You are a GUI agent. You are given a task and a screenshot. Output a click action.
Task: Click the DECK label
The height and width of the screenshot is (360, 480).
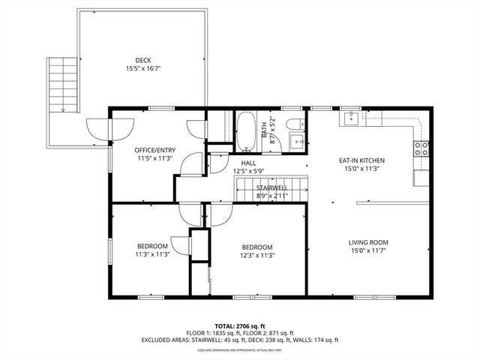pyautogui.click(x=143, y=60)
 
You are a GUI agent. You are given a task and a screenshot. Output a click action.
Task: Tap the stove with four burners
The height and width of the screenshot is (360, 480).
pyautogui.click(x=422, y=148)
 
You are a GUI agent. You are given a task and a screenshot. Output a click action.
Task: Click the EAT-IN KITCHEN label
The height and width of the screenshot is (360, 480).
pyautogui.click(x=361, y=160)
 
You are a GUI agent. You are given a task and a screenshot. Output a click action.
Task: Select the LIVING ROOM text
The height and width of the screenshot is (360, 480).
pyautogui.click(x=367, y=242)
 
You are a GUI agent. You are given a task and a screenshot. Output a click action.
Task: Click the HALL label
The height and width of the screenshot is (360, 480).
pyautogui.click(x=248, y=163)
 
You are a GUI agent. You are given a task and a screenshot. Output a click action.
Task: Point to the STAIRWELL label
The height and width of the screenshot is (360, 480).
pyautogui.click(x=271, y=187)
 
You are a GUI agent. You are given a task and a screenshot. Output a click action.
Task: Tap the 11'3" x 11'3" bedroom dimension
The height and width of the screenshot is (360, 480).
pyautogui.click(x=153, y=254)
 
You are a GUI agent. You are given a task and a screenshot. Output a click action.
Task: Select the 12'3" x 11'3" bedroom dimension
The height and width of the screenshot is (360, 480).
pyautogui.click(x=256, y=254)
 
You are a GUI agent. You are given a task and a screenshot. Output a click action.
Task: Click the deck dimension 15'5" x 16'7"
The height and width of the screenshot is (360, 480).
pyautogui.click(x=143, y=68)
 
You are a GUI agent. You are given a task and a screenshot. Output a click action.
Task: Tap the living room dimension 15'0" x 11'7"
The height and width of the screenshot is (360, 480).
pyautogui.click(x=367, y=250)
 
